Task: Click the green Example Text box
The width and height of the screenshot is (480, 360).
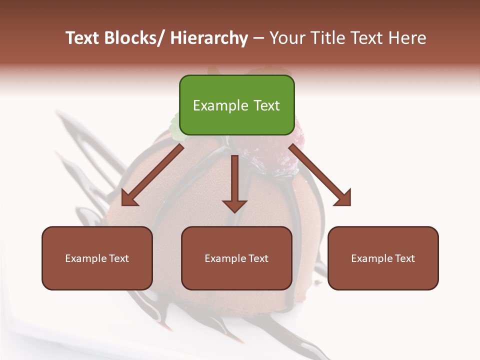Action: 236,105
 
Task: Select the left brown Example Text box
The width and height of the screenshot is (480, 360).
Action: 97,258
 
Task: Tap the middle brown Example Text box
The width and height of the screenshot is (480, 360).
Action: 236,258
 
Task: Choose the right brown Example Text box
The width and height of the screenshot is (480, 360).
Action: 383,258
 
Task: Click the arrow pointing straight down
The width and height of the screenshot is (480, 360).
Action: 234,182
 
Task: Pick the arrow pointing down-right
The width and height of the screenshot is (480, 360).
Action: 320,175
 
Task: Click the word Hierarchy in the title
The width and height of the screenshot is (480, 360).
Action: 208,38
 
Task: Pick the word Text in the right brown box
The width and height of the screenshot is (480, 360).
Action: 404,258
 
